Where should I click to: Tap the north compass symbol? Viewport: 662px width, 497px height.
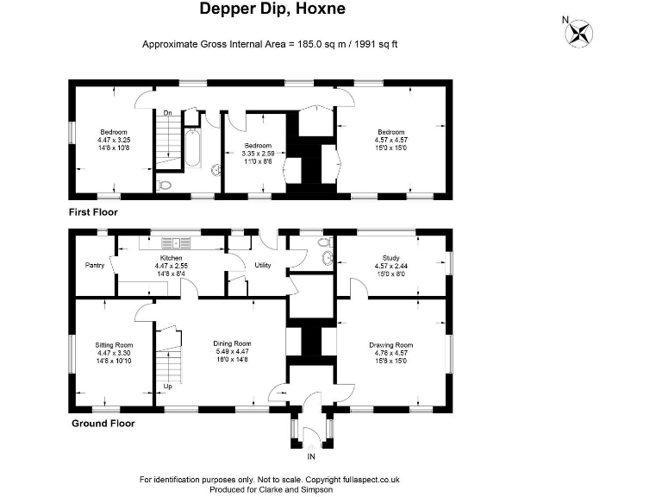pyautogui.click(x=579, y=33)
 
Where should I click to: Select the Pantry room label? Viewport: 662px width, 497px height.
pyautogui.click(x=94, y=266)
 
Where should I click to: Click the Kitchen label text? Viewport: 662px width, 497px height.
pyautogui.click(x=169, y=258)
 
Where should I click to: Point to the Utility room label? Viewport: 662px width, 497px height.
pyautogui.click(x=262, y=266)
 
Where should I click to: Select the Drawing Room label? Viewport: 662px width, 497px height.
pyautogui.click(x=391, y=345)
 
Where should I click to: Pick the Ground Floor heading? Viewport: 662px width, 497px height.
pyautogui.click(x=102, y=424)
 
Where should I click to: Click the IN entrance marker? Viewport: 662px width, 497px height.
pyautogui.click(x=311, y=456)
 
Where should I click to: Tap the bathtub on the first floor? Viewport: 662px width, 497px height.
pyautogui.click(x=193, y=150)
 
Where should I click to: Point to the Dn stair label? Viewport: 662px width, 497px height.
pyautogui.click(x=168, y=113)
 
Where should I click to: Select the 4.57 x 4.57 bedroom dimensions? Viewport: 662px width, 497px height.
pyautogui.click(x=390, y=140)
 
